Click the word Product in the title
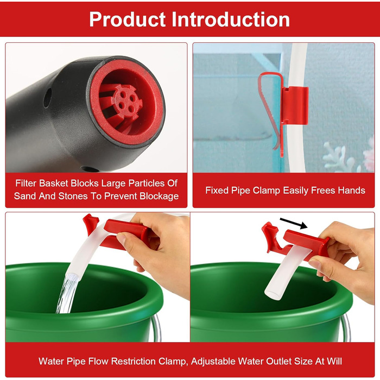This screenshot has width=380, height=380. coord(128,20)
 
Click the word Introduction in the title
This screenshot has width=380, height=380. coord(231,20)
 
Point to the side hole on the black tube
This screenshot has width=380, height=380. coord(48,98)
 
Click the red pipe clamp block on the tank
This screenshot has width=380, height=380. coord(295,105)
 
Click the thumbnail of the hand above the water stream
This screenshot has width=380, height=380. coord(122,239)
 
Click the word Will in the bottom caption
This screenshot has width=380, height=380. coord(334,361)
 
